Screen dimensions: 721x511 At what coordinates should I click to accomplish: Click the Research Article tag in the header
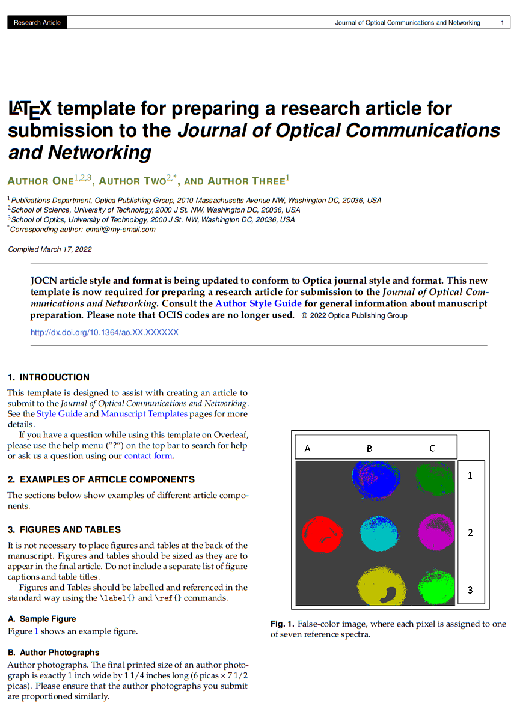click(x=37, y=23)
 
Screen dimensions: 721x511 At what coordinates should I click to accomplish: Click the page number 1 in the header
click(x=502, y=23)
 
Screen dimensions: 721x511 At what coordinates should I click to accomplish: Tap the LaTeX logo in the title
click(x=30, y=109)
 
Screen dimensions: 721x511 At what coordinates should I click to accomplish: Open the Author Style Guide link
click(x=259, y=303)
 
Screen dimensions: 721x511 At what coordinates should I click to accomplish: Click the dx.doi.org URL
click(x=105, y=332)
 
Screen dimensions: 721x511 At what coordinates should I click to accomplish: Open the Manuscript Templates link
click(x=144, y=414)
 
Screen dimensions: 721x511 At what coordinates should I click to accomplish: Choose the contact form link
click(x=148, y=456)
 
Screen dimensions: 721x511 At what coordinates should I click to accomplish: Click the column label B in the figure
click(x=370, y=448)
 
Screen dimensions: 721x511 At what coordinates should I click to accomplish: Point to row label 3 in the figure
click(x=470, y=590)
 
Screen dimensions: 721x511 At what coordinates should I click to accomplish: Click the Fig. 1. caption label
click(x=282, y=624)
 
